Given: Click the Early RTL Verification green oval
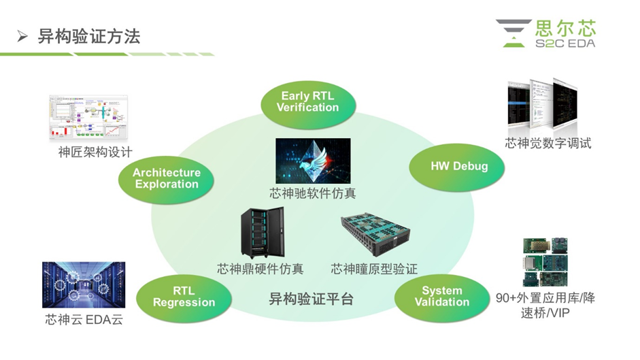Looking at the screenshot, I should point(307,102).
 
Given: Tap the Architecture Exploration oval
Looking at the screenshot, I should point(167,178).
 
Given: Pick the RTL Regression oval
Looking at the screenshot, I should point(184,297).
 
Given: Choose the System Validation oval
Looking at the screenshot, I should point(442,296).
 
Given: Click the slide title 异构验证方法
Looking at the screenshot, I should point(89,37).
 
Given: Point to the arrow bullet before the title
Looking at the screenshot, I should point(22,37).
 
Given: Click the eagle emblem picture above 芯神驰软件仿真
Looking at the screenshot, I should point(313,161).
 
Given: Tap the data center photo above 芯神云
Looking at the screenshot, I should point(74,284).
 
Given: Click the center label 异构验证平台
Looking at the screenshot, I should point(311,299).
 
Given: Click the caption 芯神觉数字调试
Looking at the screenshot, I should point(548,143).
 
